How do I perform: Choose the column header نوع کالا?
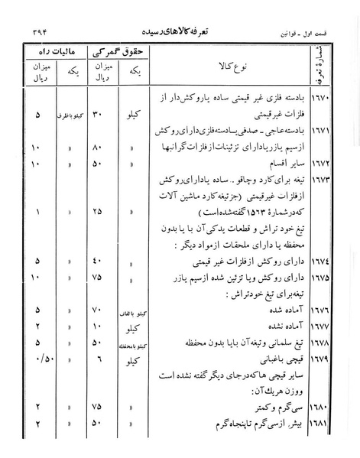[229, 66]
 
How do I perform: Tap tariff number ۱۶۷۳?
[321, 180]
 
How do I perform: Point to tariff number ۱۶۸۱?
[321, 422]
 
